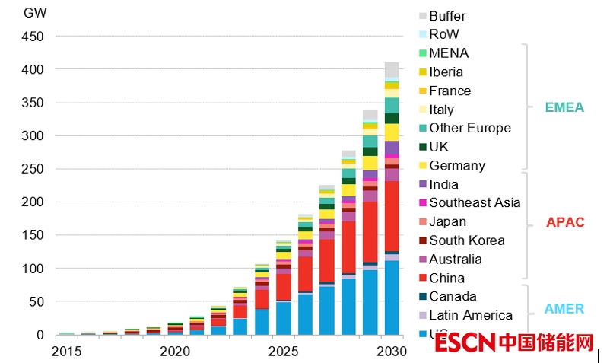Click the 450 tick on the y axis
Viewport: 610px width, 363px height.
[x=34, y=37]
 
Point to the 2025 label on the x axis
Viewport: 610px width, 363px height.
[x=284, y=352]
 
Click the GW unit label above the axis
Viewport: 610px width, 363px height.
[x=34, y=13]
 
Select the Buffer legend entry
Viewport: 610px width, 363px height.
[x=447, y=16]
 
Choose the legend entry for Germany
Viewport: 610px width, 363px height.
[x=456, y=166]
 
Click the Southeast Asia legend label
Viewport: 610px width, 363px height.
[x=475, y=203]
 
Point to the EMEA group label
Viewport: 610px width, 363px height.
[x=564, y=108]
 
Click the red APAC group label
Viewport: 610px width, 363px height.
[x=565, y=222]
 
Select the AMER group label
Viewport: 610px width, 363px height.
[x=564, y=309]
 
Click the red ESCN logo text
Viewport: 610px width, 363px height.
[x=465, y=344]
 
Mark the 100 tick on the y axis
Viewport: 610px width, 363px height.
[x=34, y=269]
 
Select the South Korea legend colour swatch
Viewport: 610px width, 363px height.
[x=422, y=241]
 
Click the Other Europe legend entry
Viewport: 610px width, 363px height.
[x=469, y=129]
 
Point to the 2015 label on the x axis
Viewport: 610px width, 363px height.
[x=67, y=352]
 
